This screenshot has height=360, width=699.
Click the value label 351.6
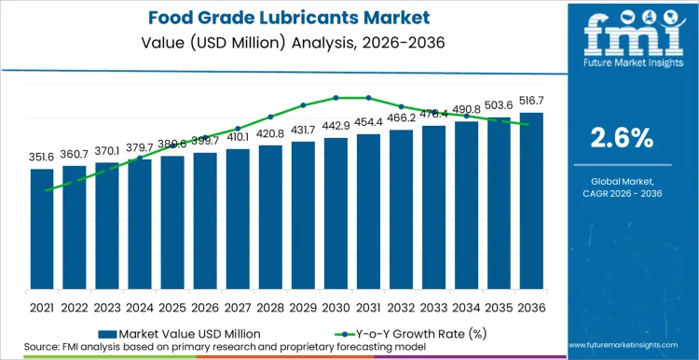(42, 158)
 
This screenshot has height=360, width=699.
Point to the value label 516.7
(531, 102)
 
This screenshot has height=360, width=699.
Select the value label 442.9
(336, 126)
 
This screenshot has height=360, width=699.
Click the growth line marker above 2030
(336, 97)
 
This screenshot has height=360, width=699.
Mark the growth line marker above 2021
(42, 190)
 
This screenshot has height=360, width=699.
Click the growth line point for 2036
(531, 124)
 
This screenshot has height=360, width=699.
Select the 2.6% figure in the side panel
(623, 138)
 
